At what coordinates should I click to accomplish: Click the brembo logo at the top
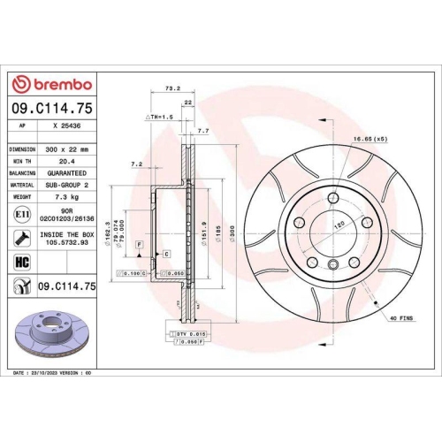click(x=50, y=84)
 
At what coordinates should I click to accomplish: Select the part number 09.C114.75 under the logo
click(x=50, y=108)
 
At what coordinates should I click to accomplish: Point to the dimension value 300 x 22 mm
click(x=66, y=150)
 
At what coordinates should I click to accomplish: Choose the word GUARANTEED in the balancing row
click(x=66, y=174)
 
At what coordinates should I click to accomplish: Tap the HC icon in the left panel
click(x=20, y=262)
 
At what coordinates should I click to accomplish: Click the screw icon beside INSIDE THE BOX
click(x=20, y=238)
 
